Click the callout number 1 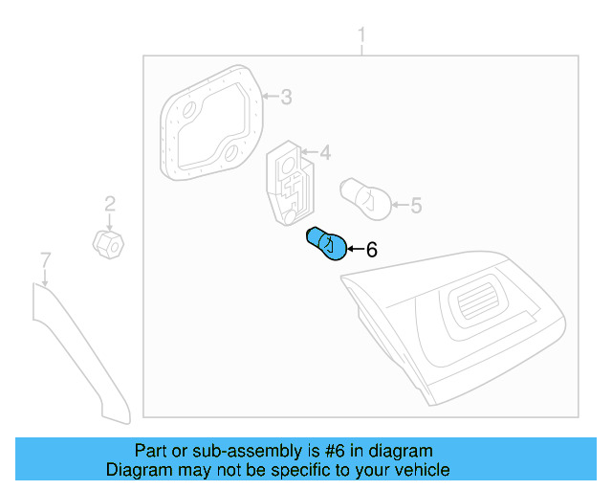pos(361,36)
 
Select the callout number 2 pos(110,203)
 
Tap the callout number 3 pos(285,97)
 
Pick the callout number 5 pos(415,204)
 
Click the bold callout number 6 pos(371,250)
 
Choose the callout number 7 pos(44,259)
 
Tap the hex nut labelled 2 pos(107,244)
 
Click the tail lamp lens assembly pos(459,325)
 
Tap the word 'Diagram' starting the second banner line pos(137,470)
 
